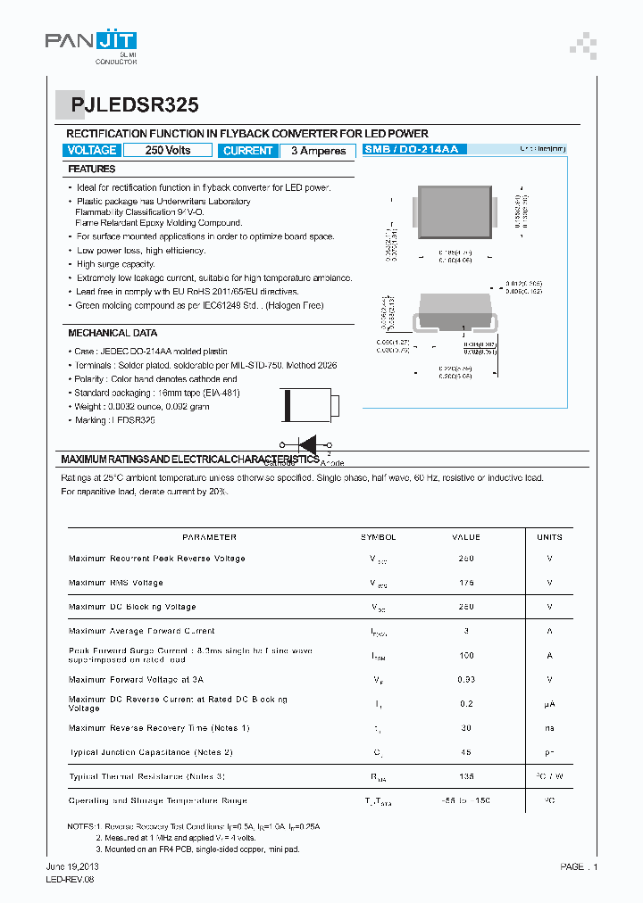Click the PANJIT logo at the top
click(90, 44)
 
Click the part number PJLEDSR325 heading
click(129, 104)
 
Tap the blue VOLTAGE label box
click(91, 150)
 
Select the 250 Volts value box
click(168, 150)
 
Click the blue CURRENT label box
click(247, 151)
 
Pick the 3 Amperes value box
click(318, 151)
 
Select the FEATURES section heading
click(92, 169)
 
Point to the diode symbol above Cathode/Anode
click(306, 444)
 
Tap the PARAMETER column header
click(209, 537)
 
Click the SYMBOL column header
click(378, 537)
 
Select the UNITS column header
click(549, 537)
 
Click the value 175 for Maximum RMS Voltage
click(466, 583)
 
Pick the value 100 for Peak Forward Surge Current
click(466, 655)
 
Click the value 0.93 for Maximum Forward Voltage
click(466, 680)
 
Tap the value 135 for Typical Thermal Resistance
click(466, 776)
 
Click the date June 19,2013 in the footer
click(73, 867)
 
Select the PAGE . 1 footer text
click(579, 867)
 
